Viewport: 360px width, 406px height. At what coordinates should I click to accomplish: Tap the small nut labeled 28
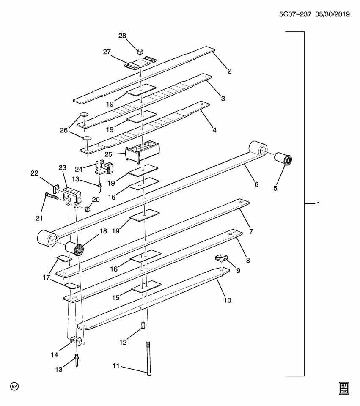point(140,51)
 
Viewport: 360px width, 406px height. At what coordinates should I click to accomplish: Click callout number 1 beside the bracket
point(317,204)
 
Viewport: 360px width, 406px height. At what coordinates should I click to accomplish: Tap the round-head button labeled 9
point(221,258)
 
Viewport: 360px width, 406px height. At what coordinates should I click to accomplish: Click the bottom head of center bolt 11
point(148,373)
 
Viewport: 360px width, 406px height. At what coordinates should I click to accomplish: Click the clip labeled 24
point(104,167)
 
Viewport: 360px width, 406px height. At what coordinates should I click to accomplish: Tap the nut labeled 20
point(88,208)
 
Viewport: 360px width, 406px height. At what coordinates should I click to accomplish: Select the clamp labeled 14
point(76,340)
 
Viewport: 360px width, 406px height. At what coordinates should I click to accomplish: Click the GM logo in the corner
point(344,388)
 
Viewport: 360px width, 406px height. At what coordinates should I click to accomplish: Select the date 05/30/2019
point(332,14)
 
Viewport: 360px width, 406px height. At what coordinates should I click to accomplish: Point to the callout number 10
point(228,300)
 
